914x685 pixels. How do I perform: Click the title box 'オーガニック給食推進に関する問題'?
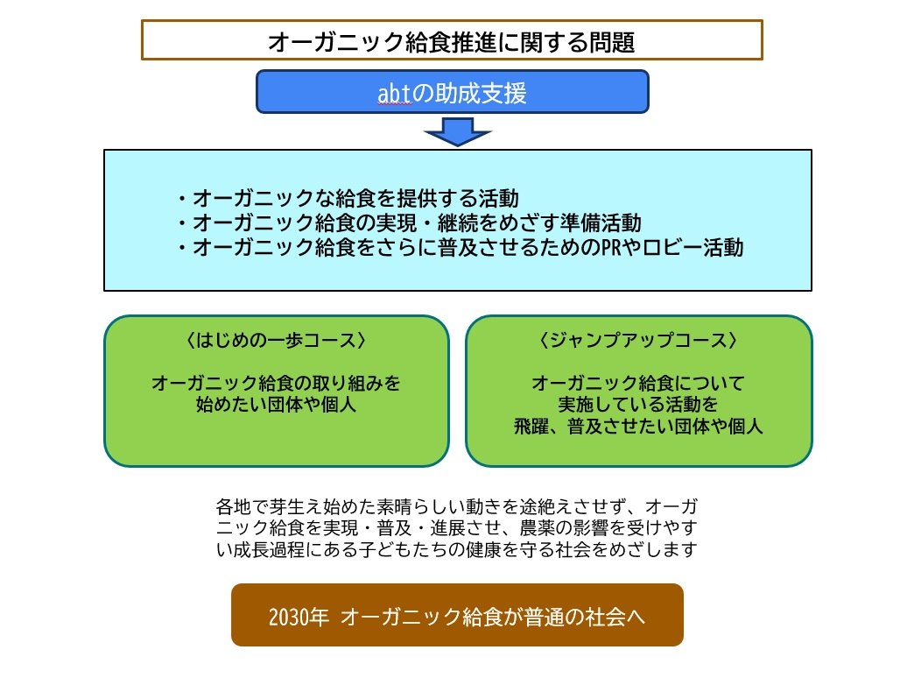coord(452,40)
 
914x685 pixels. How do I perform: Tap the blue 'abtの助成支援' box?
coord(452,92)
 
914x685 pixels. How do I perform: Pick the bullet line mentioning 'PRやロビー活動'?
coord(459,248)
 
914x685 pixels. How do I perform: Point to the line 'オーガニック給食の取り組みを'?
coord(276,384)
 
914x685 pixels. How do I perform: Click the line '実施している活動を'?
coord(638,406)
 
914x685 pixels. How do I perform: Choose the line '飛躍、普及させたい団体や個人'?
coord(638,427)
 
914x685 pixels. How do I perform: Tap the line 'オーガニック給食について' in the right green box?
coord(638,384)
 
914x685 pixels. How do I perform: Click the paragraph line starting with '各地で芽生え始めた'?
coord(456,507)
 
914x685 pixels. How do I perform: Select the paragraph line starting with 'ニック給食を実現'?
coord(456,529)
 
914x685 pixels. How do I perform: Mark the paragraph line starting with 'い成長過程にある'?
coord(456,551)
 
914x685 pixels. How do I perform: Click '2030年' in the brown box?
coord(299,616)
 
